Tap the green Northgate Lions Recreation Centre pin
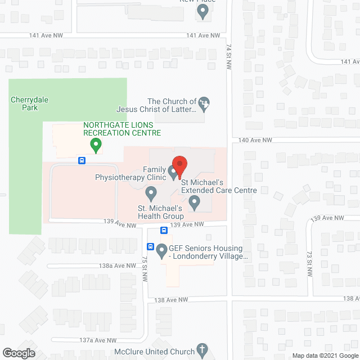(96, 146)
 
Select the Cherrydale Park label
(30, 103)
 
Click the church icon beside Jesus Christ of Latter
(205, 102)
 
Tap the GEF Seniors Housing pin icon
(162, 251)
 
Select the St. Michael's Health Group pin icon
(151, 194)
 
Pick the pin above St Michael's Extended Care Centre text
(194, 201)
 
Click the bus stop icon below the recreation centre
(82, 160)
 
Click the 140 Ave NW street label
(255, 139)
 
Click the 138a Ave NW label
(116, 265)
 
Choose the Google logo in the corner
(18, 353)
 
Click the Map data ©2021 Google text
(324, 355)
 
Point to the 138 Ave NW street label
(171, 300)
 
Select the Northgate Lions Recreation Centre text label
(121, 129)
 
